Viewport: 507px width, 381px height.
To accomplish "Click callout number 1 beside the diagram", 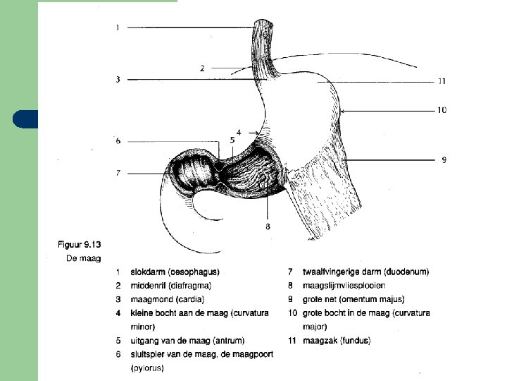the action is click(x=117, y=28).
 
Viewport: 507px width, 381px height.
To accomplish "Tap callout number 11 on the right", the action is click(x=442, y=81).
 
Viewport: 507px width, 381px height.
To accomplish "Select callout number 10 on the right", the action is click(x=442, y=110).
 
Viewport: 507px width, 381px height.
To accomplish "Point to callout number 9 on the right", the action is click(x=444, y=159).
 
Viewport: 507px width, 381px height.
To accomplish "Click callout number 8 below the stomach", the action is click(x=268, y=226).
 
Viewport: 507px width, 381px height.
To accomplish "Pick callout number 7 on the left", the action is click(x=118, y=172).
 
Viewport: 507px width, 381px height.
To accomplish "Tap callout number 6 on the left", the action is click(x=118, y=141).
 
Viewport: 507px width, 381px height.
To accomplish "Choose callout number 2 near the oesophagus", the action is click(x=202, y=68).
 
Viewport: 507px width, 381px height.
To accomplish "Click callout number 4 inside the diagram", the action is click(x=239, y=132).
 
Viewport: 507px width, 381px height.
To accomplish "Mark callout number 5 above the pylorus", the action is click(x=232, y=140).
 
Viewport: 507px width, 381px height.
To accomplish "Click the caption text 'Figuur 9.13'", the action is click(x=79, y=245).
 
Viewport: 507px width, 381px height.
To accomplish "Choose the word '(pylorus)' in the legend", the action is click(x=147, y=368).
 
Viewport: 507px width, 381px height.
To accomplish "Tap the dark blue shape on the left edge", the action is click(x=25, y=119).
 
